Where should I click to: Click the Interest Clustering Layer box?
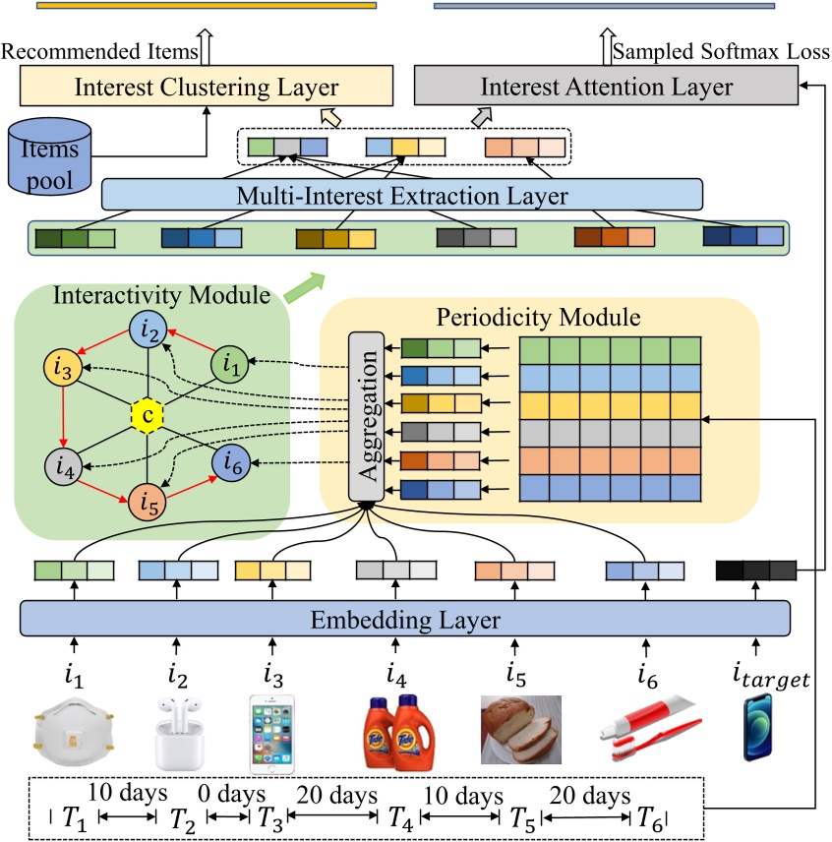click(x=207, y=87)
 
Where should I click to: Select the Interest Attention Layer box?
click(x=606, y=87)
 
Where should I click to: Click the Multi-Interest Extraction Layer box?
click(x=402, y=195)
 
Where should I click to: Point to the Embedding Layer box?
click(x=405, y=621)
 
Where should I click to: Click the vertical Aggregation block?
click(x=364, y=415)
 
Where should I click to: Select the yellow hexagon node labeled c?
click(x=147, y=415)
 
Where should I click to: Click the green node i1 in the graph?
click(x=232, y=367)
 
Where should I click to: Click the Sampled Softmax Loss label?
click(x=721, y=50)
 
